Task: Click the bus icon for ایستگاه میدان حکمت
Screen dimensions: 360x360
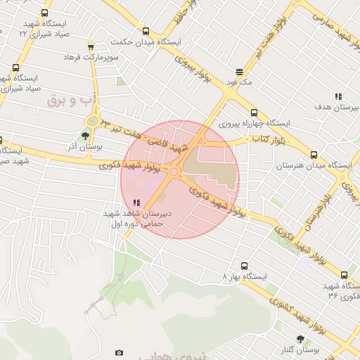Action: click(146, 31)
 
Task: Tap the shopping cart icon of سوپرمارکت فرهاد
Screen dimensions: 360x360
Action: click(90, 47)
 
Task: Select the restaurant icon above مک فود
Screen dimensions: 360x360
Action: click(239, 72)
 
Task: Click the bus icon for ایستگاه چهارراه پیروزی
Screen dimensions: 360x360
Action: click(254, 112)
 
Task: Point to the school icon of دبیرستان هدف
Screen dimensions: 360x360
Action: click(338, 96)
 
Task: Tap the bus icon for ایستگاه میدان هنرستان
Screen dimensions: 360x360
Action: click(314, 155)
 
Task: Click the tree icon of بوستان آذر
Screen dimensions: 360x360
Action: click(85, 136)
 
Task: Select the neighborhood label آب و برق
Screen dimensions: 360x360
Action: click(65, 101)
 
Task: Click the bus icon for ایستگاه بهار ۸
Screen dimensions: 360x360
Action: click(244, 266)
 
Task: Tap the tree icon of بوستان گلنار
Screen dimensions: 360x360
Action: click(300, 339)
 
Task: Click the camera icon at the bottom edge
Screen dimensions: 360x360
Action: click(119, 352)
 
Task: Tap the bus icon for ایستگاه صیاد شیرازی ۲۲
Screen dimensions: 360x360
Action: click(45, 13)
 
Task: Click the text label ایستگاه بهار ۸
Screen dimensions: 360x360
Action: click(245, 276)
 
